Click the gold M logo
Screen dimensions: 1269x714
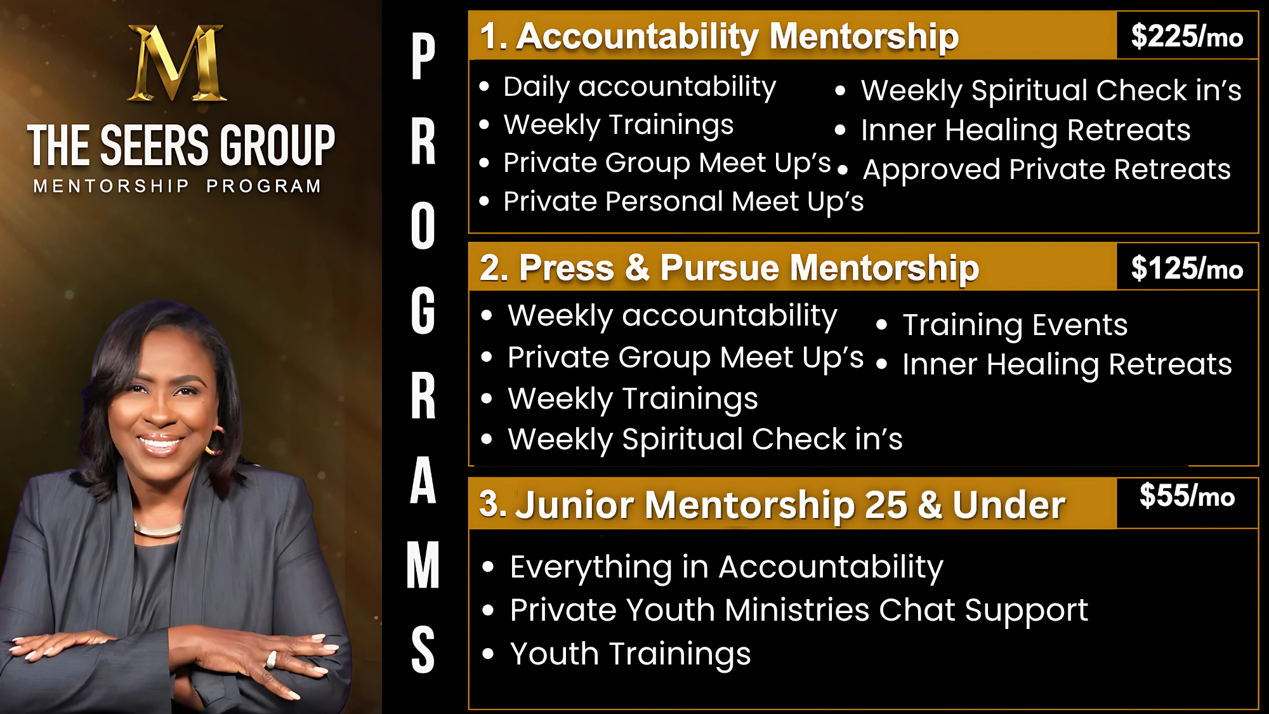(176, 63)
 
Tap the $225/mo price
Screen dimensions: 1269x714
(1187, 37)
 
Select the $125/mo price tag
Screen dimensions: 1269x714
(1187, 268)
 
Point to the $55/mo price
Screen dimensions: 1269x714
(1187, 496)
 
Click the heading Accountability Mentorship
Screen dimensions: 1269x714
(737, 36)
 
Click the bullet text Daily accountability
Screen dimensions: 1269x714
(640, 87)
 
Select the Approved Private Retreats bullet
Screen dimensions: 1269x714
(1047, 169)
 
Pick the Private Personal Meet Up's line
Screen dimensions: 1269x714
(683, 202)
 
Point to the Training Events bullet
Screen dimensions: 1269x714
(1015, 325)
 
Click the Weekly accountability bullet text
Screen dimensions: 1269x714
(673, 316)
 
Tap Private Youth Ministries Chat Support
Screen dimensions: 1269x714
(799, 611)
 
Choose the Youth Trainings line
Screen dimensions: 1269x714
(630, 654)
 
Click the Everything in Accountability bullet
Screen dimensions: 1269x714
(727, 567)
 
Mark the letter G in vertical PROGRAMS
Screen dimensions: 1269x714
(423, 310)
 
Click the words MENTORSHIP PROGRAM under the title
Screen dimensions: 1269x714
(177, 186)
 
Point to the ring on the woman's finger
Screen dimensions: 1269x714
(271, 660)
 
